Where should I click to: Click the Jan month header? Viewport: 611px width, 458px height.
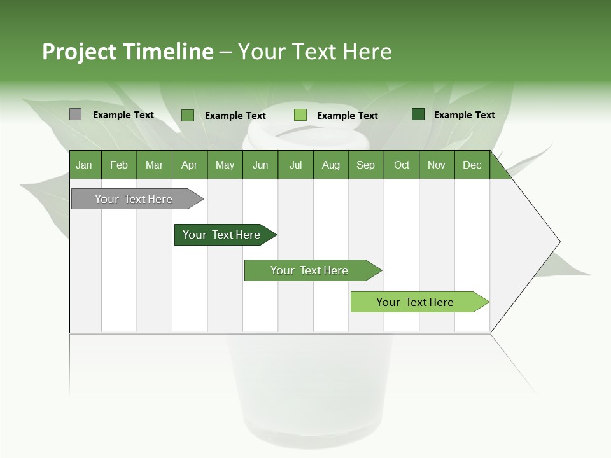tap(84, 165)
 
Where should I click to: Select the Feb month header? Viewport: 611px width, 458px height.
tap(119, 165)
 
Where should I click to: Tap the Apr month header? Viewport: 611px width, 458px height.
tap(189, 165)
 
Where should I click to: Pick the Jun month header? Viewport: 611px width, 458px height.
tap(260, 165)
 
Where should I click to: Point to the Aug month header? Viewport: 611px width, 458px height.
tap(330, 165)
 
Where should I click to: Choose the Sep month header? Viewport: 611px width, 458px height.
tap(365, 165)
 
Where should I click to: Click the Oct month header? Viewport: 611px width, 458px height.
tap(402, 165)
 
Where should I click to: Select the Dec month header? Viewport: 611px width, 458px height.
tap(472, 165)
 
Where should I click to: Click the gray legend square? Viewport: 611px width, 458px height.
tap(75, 114)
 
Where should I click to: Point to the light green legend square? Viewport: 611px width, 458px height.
tap(300, 115)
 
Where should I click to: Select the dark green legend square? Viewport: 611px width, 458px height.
tap(418, 114)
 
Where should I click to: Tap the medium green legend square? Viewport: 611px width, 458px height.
tap(188, 115)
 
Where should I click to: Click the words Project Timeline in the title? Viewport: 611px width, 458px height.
tap(127, 52)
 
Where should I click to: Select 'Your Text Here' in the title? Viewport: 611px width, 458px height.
tap(315, 52)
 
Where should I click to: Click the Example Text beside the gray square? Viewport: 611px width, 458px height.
tap(123, 115)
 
